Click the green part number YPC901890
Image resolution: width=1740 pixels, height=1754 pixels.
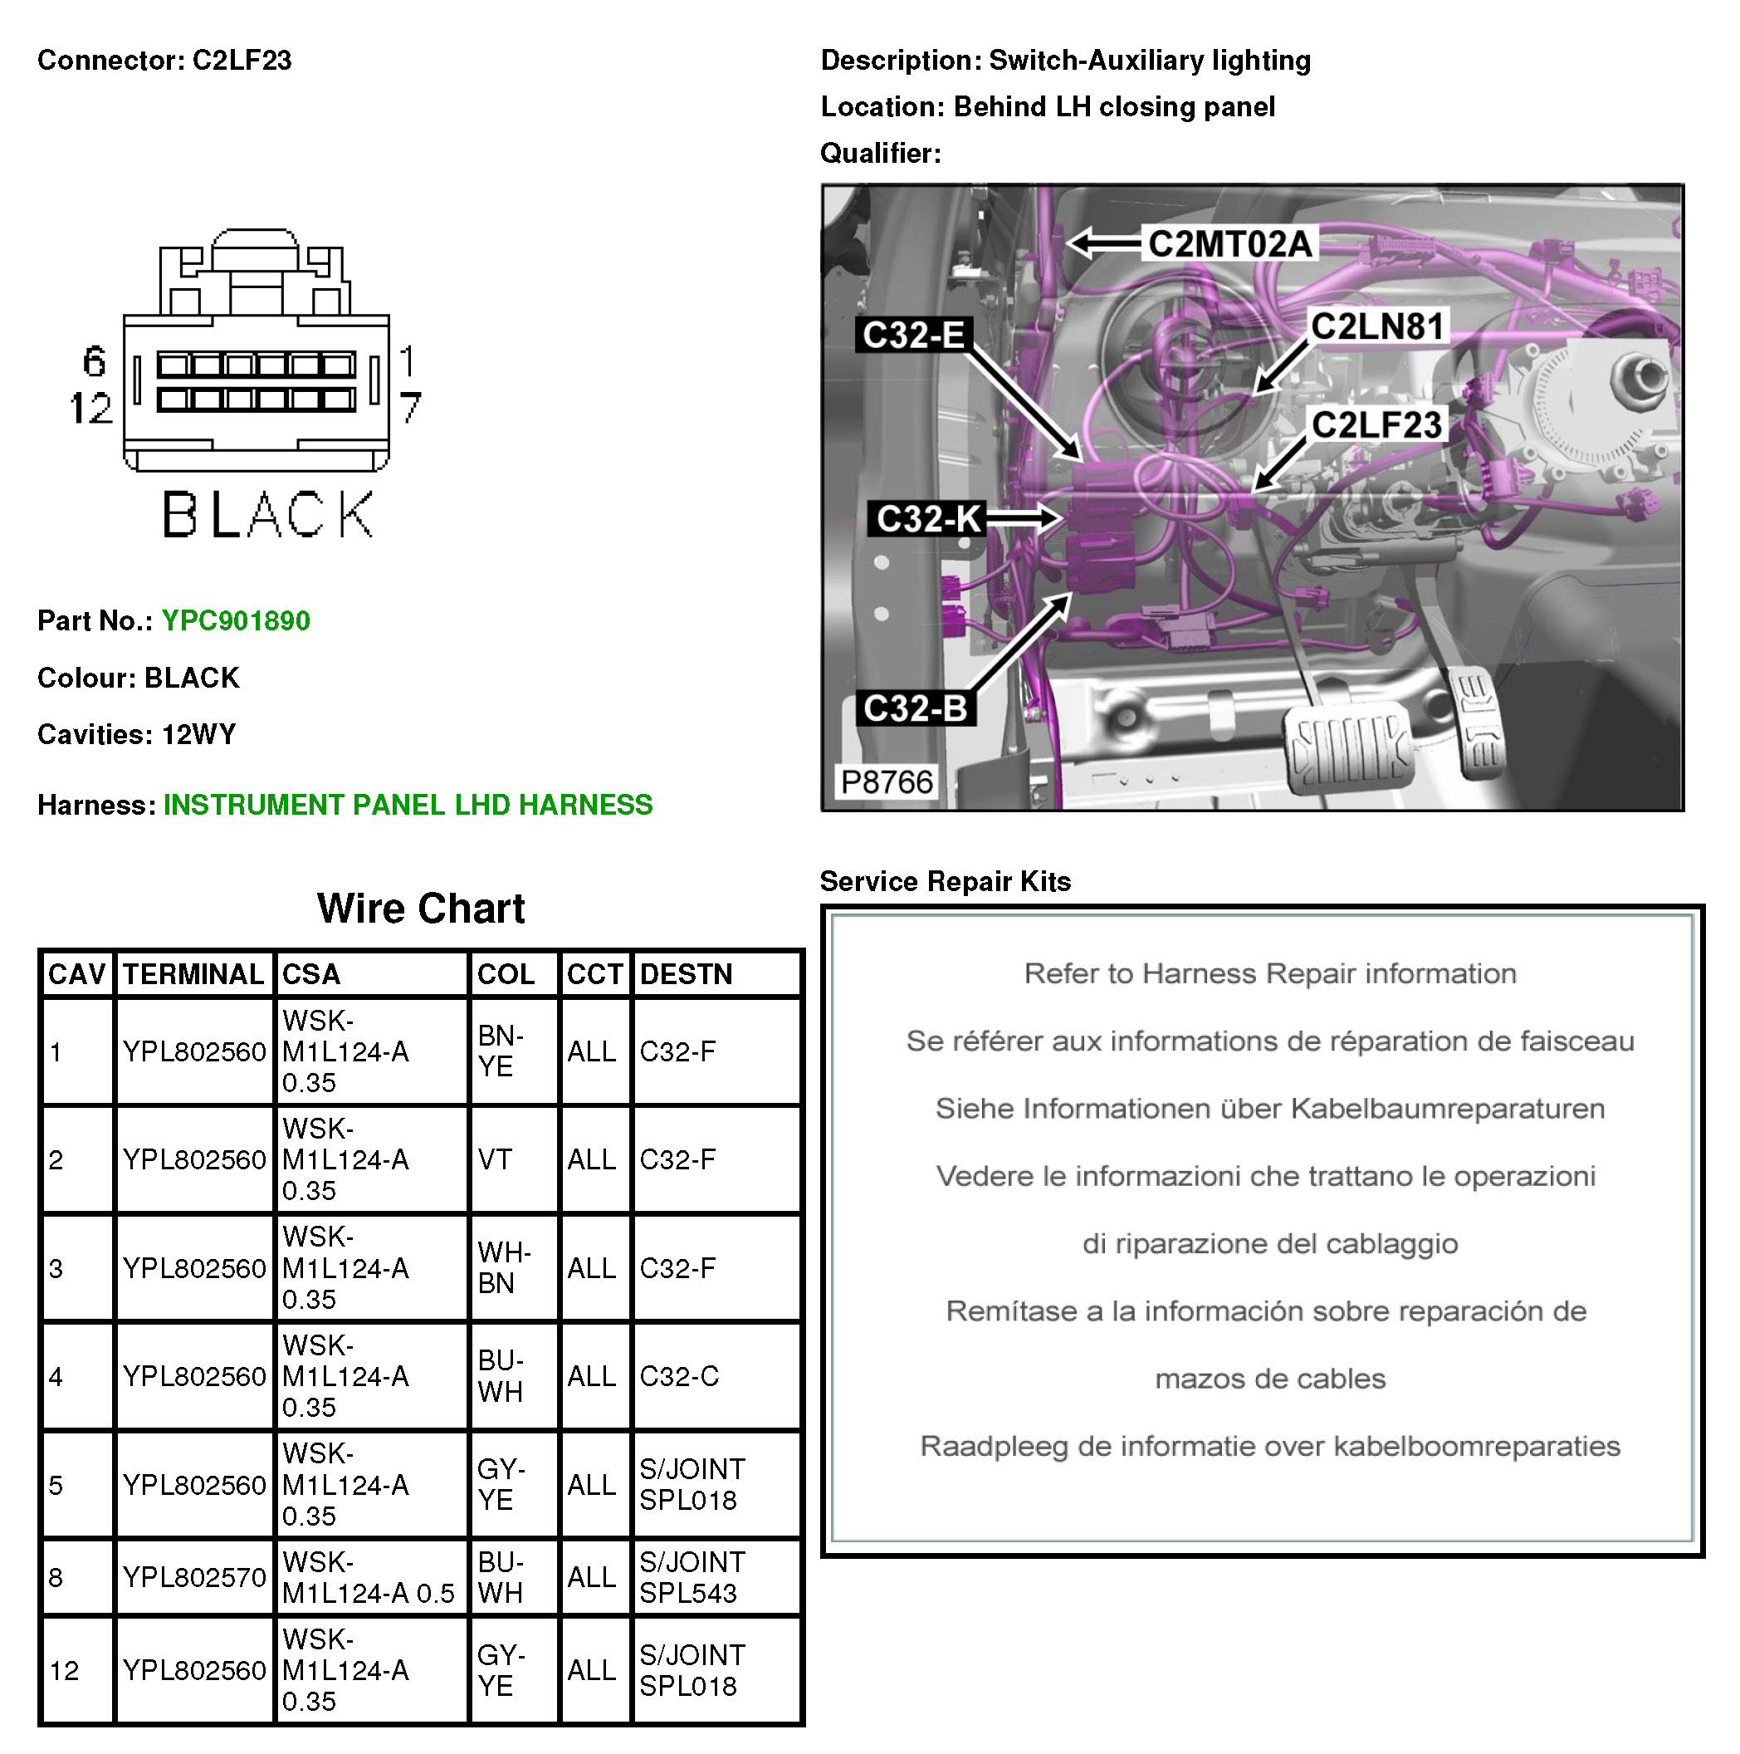click(235, 621)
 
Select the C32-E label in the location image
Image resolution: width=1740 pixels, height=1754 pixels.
click(912, 335)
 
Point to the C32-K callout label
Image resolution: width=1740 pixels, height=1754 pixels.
click(927, 519)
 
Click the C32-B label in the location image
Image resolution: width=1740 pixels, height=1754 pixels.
click(915, 708)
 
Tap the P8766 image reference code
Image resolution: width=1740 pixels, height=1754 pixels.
click(886, 781)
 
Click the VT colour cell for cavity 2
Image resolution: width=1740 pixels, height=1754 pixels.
click(495, 1159)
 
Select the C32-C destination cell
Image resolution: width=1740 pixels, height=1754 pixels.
click(679, 1376)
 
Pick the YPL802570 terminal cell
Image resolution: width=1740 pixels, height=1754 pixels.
click(194, 1577)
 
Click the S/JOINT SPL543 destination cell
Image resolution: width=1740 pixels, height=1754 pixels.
click(692, 1577)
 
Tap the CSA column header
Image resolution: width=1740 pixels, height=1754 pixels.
click(311, 974)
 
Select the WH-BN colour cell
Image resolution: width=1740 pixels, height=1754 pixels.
click(504, 1267)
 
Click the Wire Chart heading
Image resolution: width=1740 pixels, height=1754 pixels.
click(420, 908)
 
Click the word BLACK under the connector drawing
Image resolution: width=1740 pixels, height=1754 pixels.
click(268, 515)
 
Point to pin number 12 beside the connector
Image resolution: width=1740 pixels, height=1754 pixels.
click(90, 409)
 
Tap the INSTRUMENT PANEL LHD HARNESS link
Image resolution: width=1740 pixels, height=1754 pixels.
click(408, 805)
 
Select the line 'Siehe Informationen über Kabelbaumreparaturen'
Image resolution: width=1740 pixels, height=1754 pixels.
click(1269, 1109)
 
